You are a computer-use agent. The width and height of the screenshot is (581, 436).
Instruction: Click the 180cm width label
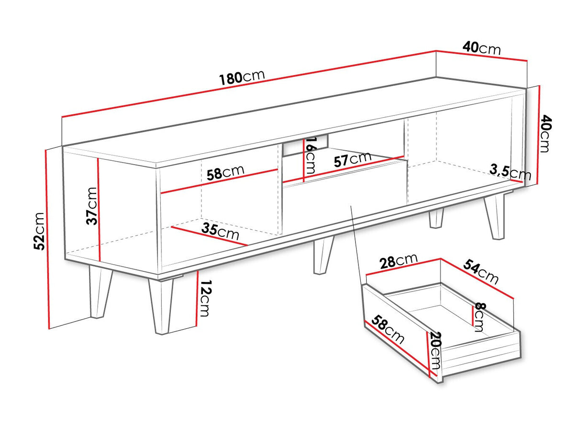click(x=242, y=77)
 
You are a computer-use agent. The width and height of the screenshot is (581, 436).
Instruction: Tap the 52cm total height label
click(x=39, y=231)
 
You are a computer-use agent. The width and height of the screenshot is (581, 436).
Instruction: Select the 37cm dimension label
click(x=91, y=206)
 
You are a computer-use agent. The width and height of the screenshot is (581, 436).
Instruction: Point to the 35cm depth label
click(x=220, y=231)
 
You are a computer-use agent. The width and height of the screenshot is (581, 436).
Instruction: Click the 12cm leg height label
click(x=205, y=298)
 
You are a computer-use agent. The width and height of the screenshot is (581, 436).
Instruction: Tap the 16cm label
click(x=310, y=156)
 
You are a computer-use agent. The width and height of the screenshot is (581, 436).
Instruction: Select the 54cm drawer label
click(x=480, y=272)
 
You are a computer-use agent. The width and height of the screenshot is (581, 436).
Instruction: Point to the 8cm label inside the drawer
click(x=480, y=317)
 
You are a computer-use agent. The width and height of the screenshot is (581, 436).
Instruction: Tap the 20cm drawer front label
click(x=435, y=350)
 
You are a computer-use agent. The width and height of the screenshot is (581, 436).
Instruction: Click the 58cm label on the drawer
click(x=388, y=329)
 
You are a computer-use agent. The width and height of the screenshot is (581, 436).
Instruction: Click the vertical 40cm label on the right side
click(x=546, y=133)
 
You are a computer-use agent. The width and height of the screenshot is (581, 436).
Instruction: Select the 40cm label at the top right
click(x=481, y=48)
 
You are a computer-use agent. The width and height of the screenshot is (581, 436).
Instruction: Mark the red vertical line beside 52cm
click(x=48, y=239)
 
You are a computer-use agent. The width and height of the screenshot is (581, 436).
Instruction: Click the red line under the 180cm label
click(x=249, y=84)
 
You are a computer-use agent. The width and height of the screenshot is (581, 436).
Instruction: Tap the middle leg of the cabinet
click(x=323, y=255)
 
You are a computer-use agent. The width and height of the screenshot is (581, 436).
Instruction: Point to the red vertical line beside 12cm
click(x=197, y=298)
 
